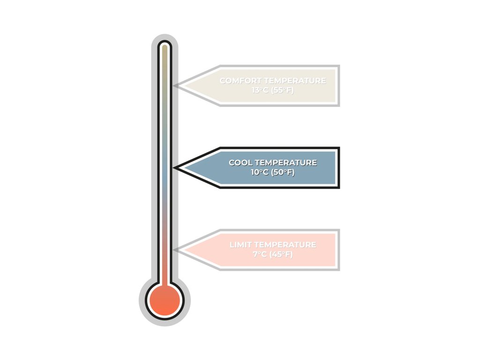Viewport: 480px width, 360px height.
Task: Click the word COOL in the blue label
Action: point(240,163)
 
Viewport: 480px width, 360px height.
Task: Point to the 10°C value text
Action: point(260,172)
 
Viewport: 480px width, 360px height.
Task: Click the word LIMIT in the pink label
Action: point(241,245)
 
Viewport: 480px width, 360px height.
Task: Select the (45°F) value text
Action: point(282,254)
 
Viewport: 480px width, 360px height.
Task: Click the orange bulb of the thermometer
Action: point(164,300)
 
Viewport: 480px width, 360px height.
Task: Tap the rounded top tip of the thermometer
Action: point(164,44)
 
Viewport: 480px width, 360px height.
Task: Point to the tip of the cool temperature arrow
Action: point(175,167)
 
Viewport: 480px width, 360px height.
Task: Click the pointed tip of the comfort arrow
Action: point(175,85)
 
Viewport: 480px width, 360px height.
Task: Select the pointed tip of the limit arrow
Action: point(175,249)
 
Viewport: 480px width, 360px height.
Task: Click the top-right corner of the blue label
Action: point(338,148)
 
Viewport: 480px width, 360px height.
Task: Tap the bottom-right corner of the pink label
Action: point(338,269)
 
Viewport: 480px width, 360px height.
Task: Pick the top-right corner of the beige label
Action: point(338,66)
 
